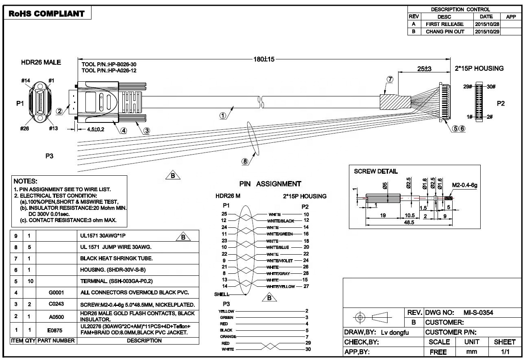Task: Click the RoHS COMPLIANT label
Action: [x=46, y=13]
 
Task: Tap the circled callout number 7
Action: [x=390, y=79]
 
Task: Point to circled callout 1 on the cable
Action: [x=222, y=115]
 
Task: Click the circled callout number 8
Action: [x=245, y=161]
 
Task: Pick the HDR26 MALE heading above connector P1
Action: [x=41, y=63]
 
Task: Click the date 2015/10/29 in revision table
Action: [x=487, y=32]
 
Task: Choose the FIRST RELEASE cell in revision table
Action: [x=444, y=24]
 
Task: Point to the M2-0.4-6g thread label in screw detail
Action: [x=464, y=185]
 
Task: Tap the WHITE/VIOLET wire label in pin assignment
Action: [x=281, y=260]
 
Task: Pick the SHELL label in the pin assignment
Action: [x=222, y=294]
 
